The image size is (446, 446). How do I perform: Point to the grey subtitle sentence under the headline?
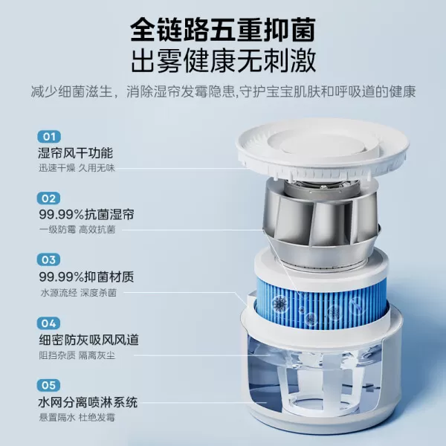point(222,93)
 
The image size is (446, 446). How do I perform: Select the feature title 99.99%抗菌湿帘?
point(83,215)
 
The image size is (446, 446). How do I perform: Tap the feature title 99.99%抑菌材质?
point(83,277)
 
